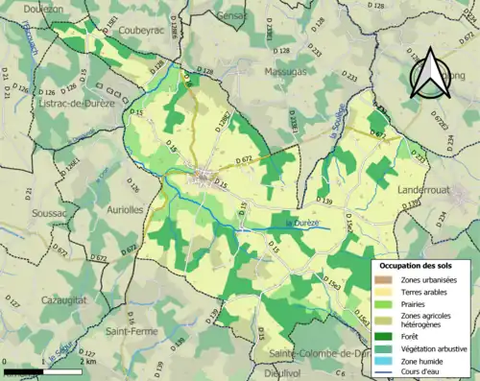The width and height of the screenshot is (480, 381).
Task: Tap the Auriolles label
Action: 123,208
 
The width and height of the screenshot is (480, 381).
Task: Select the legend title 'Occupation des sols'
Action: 423,263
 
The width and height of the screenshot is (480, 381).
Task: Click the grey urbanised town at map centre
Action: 204,176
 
